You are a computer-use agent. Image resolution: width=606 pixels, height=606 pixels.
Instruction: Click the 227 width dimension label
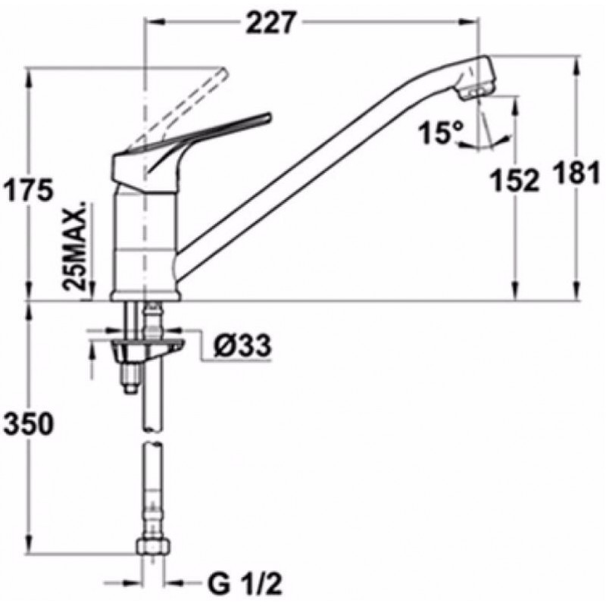coord(270,23)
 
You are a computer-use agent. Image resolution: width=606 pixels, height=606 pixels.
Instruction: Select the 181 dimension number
coord(577,173)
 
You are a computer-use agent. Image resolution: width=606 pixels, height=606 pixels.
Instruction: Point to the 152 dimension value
coord(514,180)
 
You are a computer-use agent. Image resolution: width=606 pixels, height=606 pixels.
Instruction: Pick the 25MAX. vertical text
coord(76,245)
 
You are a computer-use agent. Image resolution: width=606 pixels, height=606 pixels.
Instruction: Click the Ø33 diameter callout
coord(242,345)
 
